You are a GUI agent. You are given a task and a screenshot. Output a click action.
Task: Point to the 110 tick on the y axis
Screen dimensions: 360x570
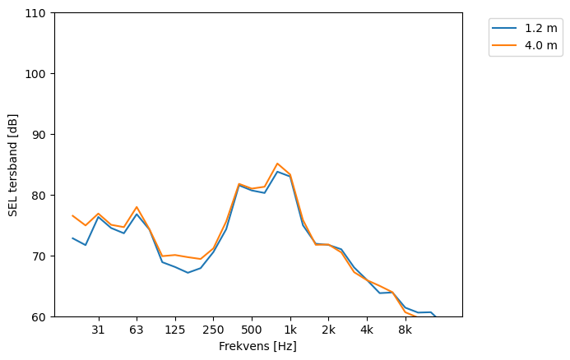[x=37, y=13]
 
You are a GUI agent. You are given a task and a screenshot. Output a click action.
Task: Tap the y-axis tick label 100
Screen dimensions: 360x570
[x=37, y=74]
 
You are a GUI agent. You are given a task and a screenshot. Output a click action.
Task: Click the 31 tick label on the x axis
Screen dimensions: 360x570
[x=98, y=330]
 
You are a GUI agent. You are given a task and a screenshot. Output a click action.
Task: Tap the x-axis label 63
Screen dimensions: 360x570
[x=137, y=330]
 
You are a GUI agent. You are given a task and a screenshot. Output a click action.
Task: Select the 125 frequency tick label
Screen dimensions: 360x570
[x=174, y=330]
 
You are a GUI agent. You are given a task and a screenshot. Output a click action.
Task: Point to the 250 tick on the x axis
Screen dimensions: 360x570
[x=213, y=330]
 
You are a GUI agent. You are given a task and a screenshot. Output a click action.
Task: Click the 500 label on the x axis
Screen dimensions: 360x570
[x=252, y=330]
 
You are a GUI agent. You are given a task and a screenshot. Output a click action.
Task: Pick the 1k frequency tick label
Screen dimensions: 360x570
[x=290, y=330]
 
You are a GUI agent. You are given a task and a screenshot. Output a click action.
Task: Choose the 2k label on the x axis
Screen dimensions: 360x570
[x=328, y=330]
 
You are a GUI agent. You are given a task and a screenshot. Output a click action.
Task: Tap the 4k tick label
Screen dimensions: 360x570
[x=367, y=330]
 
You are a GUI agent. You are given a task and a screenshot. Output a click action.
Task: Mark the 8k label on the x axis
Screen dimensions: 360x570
[x=405, y=330]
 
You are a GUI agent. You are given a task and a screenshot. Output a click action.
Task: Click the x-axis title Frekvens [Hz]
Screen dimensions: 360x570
[x=257, y=347]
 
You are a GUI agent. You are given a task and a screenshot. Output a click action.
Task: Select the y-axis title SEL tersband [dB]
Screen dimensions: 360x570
[x=13, y=164]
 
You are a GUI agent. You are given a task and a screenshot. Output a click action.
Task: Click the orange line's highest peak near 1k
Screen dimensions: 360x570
[x=277, y=164]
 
